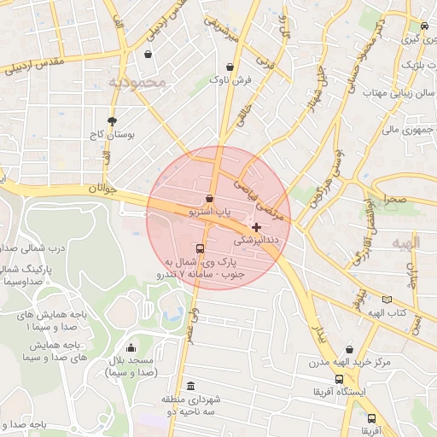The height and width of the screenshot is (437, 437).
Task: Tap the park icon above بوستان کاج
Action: (111, 120)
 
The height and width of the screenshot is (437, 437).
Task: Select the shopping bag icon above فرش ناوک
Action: (230, 67)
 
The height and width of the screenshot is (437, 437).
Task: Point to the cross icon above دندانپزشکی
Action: (257, 227)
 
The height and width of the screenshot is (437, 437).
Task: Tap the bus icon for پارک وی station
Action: (200, 249)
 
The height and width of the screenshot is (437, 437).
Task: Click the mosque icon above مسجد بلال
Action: (131, 347)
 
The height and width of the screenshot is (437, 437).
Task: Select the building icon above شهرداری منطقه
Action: (189, 385)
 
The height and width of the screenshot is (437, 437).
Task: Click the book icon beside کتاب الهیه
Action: (387, 300)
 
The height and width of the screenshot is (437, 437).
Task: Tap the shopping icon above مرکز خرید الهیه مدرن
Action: (349, 348)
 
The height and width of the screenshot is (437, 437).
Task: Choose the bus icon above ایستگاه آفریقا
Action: (339, 379)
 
